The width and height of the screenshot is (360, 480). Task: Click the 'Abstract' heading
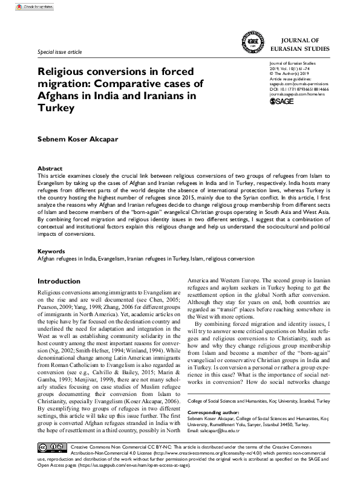point(50,168)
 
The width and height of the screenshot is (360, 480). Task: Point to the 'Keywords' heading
point(51,250)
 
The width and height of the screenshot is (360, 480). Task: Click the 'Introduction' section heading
point(63,281)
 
